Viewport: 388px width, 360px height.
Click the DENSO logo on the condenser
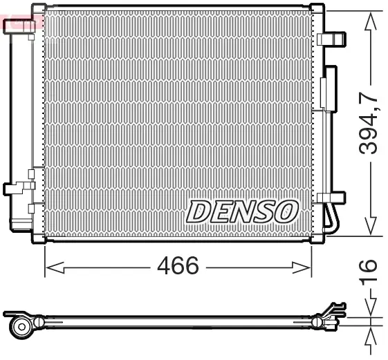click(x=242, y=211)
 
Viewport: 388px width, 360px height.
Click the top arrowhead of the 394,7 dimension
click(x=371, y=21)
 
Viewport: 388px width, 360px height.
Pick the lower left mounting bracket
click(x=17, y=188)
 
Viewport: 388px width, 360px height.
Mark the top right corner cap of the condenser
click(x=317, y=10)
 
